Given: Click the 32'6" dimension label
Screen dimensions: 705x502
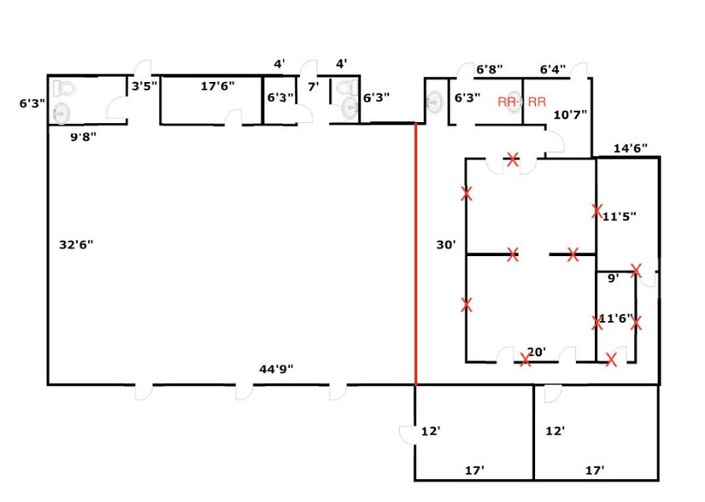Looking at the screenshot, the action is tap(76, 245).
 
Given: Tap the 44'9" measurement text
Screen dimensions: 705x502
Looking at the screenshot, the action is tap(276, 369).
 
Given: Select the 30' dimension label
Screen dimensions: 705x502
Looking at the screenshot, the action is tap(446, 245).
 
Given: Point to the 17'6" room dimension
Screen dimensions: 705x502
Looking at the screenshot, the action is tap(217, 85).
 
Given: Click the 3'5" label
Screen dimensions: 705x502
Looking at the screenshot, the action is tap(144, 85).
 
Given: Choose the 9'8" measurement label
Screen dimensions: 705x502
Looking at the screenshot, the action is tap(83, 137).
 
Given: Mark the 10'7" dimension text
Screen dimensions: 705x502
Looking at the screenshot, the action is tap(570, 114).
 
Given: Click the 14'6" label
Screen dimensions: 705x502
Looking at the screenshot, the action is tap(631, 149).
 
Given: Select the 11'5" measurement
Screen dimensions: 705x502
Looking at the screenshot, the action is tap(620, 217).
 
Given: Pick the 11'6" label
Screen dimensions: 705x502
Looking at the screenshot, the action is tap(615, 318).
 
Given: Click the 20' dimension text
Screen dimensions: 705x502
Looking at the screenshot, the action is tap(537, 352).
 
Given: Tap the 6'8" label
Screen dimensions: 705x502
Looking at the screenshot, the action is tap(489, 70).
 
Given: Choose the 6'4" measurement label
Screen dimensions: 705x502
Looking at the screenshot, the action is tap(553, 70).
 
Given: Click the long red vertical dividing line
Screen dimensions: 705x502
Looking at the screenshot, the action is tap(415, 254).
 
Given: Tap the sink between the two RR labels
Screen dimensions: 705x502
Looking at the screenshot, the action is tap(515, 102).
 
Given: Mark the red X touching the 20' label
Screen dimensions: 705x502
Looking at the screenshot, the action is tap(525, 359).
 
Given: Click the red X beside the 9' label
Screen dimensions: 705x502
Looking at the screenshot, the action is tap(636, 271).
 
